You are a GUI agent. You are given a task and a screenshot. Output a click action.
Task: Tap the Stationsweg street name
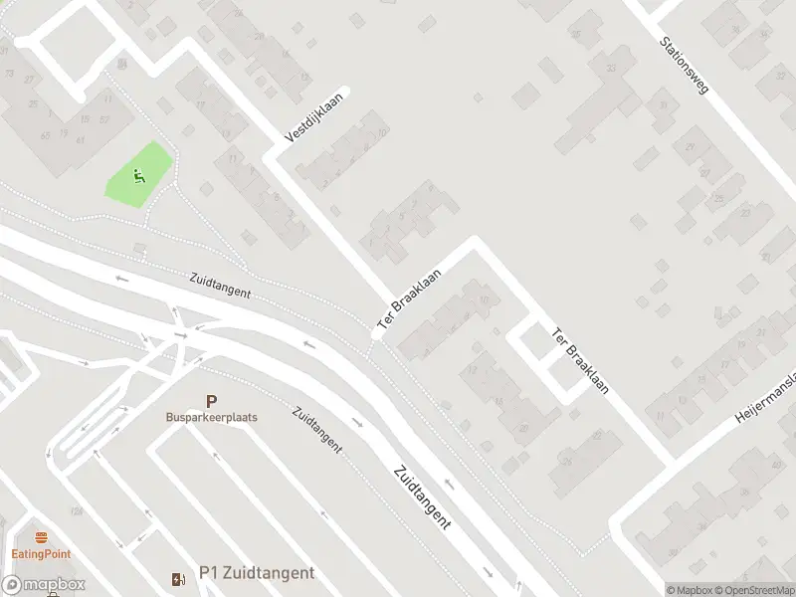click(685, 67)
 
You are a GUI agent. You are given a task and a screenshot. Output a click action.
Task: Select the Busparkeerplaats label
click(211, 418)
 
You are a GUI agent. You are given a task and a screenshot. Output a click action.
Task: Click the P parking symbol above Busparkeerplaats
click(211, 401)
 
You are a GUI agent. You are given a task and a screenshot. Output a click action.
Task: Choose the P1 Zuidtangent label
click(257, 573)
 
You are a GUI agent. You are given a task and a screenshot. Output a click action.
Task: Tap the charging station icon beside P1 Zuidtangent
click(179, 578)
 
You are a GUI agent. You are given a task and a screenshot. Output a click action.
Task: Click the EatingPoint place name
click(41, 554)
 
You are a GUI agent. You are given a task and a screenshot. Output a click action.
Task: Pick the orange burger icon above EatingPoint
click(41, 537)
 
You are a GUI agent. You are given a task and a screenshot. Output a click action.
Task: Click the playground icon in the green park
click(139, 176)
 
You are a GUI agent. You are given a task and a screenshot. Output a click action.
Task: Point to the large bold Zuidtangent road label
click(422, 496)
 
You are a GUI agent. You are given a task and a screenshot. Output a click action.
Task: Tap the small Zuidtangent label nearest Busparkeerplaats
click(316, 428)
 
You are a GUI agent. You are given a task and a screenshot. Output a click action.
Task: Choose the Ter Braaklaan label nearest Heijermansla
click(579, 361)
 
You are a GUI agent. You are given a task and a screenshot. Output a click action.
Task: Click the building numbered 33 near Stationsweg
click(611, 67)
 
